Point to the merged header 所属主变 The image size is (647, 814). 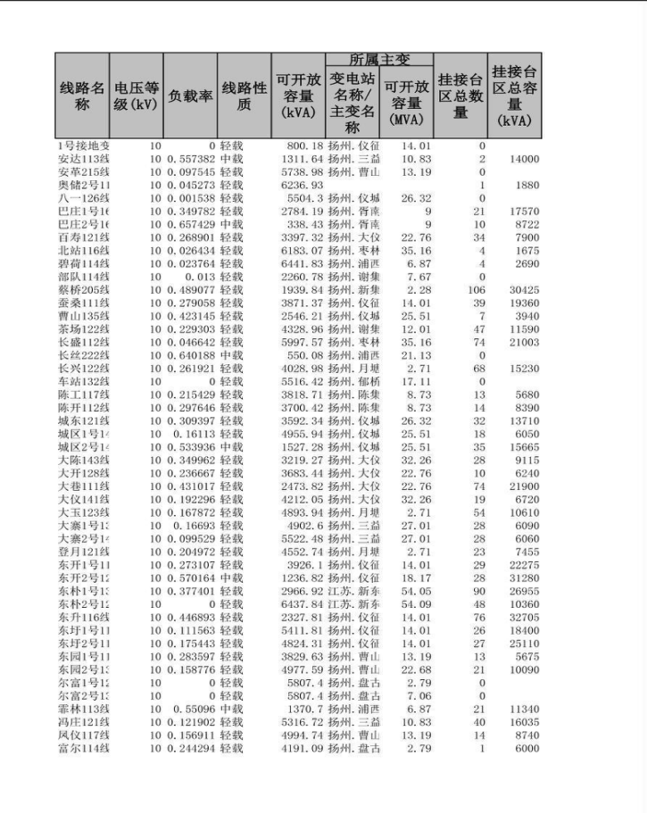coord(379,60)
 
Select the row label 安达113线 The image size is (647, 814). coord(83,159)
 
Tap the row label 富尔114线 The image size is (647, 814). coord(83,749)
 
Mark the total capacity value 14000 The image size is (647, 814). coord(524,159)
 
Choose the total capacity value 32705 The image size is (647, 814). coord(524,617)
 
